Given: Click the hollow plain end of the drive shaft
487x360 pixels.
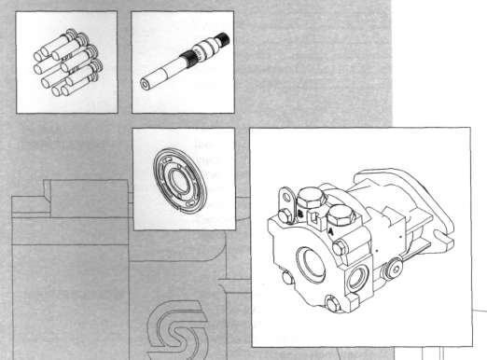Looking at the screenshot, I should (x=146, y=83).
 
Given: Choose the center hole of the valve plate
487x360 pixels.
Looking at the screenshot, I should (x=179, y=178).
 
